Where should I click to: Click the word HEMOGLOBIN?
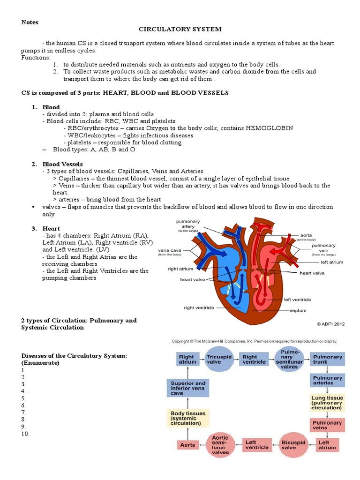tap(269, 128)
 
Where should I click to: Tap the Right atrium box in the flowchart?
tap(186, 360)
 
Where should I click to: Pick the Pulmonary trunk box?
tap(327, 360)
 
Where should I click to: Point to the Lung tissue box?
tap(327, 403)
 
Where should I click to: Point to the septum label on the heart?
tap(298, 310)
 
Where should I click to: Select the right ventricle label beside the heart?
tap(198, 307)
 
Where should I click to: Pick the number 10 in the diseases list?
tap(25, 434)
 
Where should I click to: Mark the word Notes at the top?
tap(30, 22)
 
